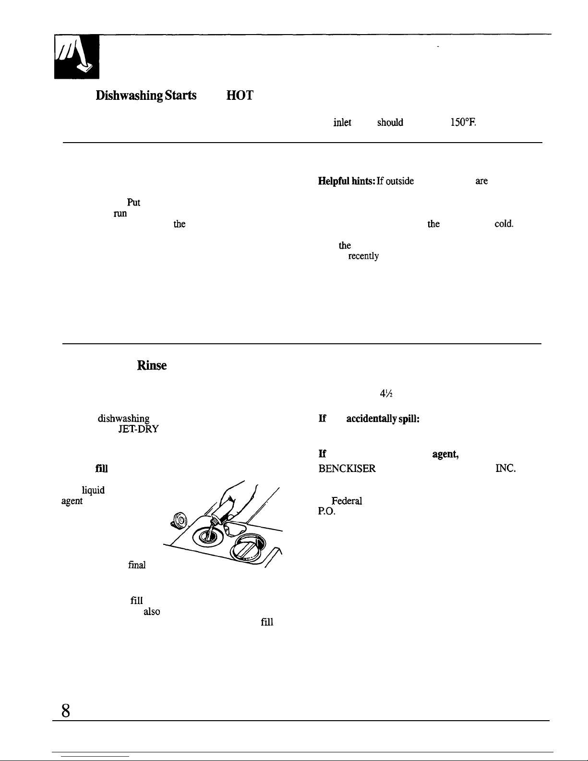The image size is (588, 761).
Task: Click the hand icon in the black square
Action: tap(76, 56)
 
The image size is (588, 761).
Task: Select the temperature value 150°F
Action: tap(463, 122)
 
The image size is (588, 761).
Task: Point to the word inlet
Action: tap(342, 122)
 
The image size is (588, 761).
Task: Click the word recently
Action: tap(363, 256)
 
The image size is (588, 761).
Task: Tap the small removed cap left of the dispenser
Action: tap(179, 519)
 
